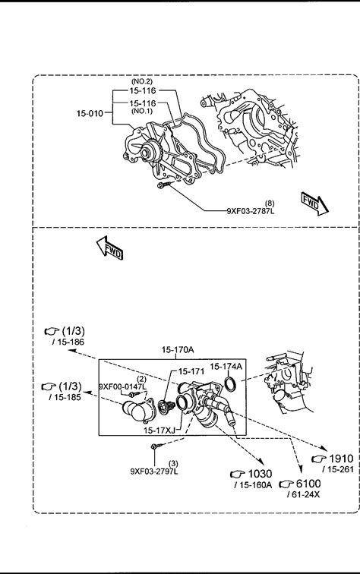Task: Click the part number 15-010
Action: [90, 113]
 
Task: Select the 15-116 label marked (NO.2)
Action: [143, 90]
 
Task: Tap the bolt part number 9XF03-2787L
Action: [251, 211]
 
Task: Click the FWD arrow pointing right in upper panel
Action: [314, 203]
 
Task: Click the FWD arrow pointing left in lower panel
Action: [110, 248]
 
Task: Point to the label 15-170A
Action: [178, 350]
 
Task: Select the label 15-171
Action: [191, 371]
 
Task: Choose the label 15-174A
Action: [226, 366]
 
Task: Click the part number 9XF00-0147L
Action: [123, 386]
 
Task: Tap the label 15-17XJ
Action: [159, 430]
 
